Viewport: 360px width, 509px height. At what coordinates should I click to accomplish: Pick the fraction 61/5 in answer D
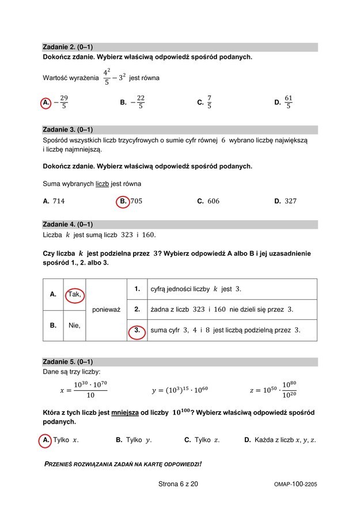pyautogui.click(x=289, y=102)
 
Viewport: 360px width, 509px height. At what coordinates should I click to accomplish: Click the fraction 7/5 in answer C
pyautogui.click(x=209, y=102)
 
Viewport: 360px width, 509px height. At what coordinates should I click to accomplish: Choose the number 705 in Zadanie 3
pyautogui.click(x=136, y=201)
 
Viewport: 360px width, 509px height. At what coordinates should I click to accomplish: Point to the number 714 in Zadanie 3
pyautogui.click(x=59, y=201)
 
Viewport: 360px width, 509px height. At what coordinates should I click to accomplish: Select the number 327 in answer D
pyautogui.click(x=290, y=201)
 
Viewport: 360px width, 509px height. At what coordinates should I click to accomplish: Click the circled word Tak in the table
pyautogui.click(x=74, y=294)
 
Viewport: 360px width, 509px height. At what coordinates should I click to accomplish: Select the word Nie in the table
pyautogui.click(x=74, y=325)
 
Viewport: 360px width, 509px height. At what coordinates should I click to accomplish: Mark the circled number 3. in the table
pyautogui.click(x=137, y=330)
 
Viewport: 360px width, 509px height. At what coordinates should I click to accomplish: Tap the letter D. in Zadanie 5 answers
pyautogui.click(x=248, y=440)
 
